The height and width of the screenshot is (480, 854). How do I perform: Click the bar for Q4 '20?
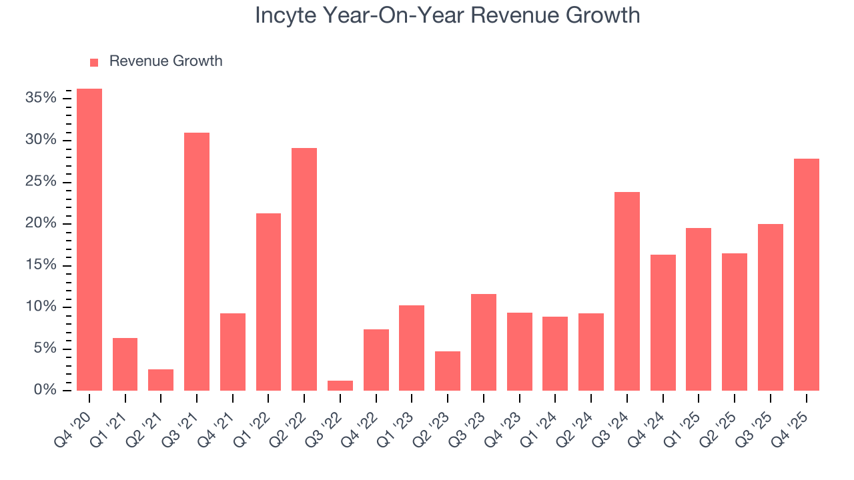(x=89, y=239)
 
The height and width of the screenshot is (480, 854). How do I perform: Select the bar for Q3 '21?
(x=197, y=261)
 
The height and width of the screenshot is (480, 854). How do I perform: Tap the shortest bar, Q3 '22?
(x=340, y=385)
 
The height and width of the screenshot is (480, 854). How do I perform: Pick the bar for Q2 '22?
(x=304, y=269)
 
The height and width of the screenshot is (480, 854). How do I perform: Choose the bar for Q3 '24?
(x=627, y=291)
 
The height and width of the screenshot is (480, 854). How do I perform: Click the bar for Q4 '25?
(x=806, y=275)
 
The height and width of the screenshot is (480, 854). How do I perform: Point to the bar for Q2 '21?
(x=161, y=380)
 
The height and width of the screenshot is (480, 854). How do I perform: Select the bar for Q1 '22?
(x=268, y=302)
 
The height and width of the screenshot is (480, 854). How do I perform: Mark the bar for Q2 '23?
(x=448, y=371)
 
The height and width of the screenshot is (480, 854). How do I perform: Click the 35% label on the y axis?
(x=41, y=98)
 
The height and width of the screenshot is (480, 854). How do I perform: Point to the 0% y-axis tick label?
(x=45, y=390)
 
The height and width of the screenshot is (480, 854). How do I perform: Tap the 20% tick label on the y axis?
(x=41, y=223)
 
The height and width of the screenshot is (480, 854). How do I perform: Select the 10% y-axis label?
(x=41, y=307)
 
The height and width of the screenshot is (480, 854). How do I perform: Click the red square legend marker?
(x=94, y=62)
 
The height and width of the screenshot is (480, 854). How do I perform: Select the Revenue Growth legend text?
(x=165, y=61)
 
